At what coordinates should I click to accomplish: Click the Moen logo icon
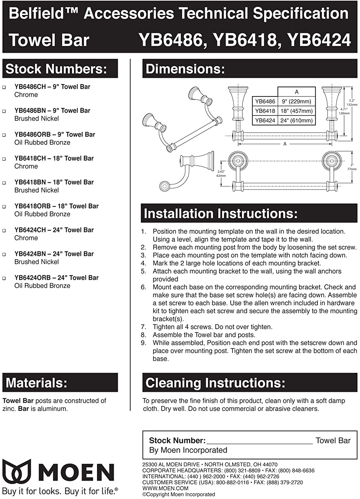coord(17,472)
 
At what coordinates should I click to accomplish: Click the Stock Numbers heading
coord(56,69)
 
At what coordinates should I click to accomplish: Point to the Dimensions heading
coord(185,69)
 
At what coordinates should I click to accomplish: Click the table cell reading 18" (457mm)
coord(296,111)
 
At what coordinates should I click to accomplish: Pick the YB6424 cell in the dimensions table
coord(265,120)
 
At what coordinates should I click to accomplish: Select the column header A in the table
coord(296,92)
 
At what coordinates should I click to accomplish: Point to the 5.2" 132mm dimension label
coord(352,102)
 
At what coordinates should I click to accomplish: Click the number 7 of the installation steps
coord(143,327)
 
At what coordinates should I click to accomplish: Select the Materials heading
coord(37,383)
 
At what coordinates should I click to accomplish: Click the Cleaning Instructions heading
coord(215,383)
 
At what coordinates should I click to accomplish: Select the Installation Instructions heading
coord(221,213)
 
